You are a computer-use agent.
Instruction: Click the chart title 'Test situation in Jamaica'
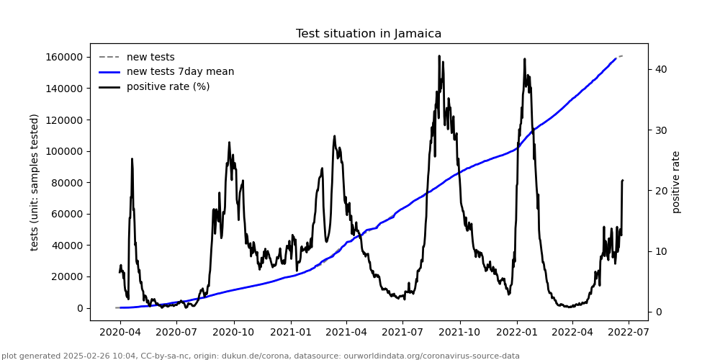[x=369, y=34]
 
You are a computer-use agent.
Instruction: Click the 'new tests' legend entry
[x=150, y=57]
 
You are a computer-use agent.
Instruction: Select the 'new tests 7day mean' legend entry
[x=180, y=71]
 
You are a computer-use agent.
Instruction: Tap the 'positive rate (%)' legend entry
[x=168, y=86]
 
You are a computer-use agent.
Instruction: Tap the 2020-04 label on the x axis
[x=120, y=333]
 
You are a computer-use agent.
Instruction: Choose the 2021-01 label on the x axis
[x=290, y=333]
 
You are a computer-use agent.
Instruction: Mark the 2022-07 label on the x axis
[x=629, y=333]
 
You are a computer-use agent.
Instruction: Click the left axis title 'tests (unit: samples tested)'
[x=35, y=182]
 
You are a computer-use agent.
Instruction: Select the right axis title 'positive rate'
[x=676, y=182]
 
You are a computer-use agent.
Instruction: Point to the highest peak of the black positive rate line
[x=439, y=56]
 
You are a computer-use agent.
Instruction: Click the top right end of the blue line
[x=616, y=58]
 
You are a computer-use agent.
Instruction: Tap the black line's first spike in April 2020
[x=132, y=159]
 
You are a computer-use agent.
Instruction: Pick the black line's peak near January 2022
[x=524, y=59]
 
